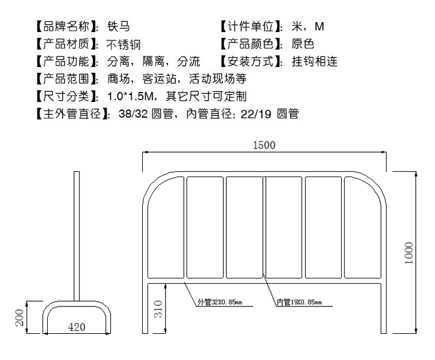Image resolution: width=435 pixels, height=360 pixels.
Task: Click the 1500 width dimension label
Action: [264, 145]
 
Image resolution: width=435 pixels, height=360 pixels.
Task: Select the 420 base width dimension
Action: [76, 327]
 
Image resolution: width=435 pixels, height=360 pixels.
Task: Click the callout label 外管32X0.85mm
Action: [219, 302]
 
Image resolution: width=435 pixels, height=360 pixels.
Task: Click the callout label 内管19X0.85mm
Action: [299, 302]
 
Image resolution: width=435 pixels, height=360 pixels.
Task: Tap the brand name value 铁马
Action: [119, 26]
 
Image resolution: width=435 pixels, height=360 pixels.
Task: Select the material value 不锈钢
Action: [124, 44]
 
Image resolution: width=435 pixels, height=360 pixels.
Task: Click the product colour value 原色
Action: [303, 44]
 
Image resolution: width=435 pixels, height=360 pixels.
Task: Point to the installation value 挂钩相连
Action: [315, 61]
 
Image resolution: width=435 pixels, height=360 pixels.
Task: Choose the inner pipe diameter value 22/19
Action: [257, 114]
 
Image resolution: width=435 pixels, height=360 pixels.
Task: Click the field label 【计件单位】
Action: [252, 26]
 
